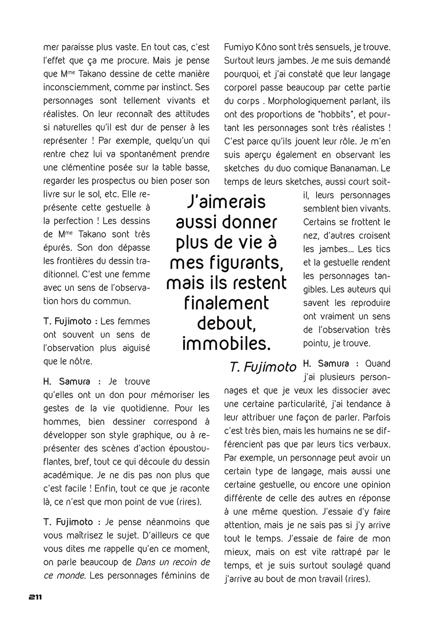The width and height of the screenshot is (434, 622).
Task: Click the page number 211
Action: (35, 597)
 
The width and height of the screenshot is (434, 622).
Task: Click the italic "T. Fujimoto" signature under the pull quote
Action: (263, 367)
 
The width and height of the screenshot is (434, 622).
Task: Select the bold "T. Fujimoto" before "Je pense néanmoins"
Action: (68, 522)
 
